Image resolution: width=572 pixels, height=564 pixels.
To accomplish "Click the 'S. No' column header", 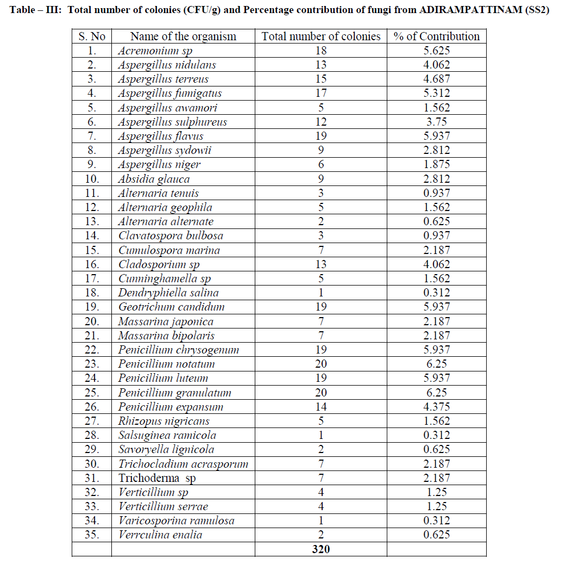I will [92, 36].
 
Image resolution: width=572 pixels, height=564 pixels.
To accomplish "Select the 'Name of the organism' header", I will [183, 36].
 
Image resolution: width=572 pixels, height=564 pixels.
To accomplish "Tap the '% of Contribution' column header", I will [437, 36].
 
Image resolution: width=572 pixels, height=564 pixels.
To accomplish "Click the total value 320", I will [320, 549].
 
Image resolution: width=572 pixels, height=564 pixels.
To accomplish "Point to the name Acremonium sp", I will [155, 51].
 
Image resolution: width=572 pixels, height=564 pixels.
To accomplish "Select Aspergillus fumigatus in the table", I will [170, 94].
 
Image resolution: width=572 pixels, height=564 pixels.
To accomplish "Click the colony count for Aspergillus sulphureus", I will [320, 122].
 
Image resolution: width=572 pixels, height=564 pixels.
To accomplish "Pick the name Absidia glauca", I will [154, 179].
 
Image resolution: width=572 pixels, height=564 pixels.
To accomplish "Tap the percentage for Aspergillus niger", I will [437, 164].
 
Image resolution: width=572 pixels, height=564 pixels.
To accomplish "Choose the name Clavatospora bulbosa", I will [171, 236].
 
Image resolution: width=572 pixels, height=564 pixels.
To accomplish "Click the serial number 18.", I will [92, 293].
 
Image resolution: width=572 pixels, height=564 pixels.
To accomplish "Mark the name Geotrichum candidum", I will [171, 307].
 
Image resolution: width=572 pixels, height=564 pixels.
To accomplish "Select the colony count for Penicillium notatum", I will [320, 364].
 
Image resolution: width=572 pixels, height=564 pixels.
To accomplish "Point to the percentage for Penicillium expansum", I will [437, 407].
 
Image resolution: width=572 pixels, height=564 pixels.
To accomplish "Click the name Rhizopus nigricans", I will [164, 421].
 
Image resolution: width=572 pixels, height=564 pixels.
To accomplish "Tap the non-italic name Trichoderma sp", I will [157, 478].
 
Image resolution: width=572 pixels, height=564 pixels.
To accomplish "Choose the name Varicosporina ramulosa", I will [177, 520].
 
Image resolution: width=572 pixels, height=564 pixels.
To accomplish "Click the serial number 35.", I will [92, 535].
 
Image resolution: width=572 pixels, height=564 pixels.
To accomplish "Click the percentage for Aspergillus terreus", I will [437, 79].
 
